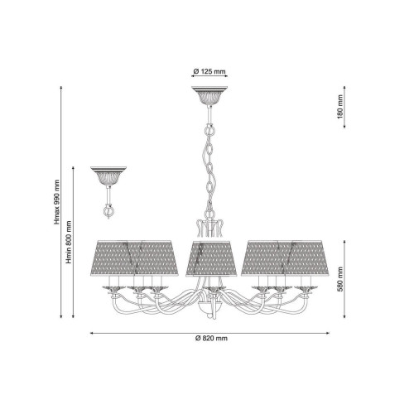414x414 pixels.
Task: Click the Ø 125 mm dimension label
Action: click(x=209, y=71)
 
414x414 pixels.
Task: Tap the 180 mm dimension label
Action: click(x=339, y=107)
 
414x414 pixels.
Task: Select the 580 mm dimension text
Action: click(x=339, y=279)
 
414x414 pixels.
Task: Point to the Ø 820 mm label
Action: click(x=211, y=339)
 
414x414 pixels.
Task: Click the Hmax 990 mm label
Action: click(x=57, y=202)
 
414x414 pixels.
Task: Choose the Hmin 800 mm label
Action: click(x=69, y=242)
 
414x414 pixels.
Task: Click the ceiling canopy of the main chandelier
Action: click(x=209, y=95)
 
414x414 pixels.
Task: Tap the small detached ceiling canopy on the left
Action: click(x=108, y=176)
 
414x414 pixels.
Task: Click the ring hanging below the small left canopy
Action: click(x=108, y=211)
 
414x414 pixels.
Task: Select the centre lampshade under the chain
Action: click(x=211, y=258)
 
